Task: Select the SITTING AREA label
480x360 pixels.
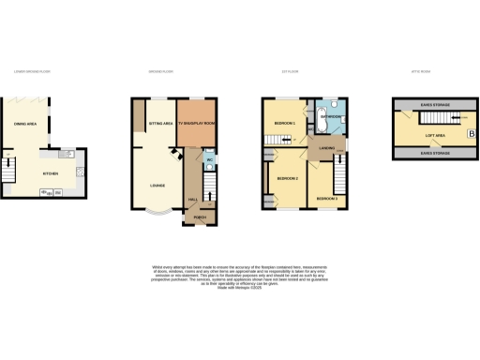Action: [x=161, y=123]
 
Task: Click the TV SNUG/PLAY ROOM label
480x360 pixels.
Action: [x=197, y=123]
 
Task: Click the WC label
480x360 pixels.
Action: [x=210, y=160]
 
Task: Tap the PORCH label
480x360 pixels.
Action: [x=199, y=217]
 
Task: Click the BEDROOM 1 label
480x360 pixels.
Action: [x=285, y=124]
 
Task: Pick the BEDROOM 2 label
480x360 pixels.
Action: [x=288, y=178]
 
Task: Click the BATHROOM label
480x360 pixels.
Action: [x=331, y=117]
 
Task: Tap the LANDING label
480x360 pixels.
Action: [x=326, y=148]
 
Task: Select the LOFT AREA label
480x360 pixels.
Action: [x=434, y=135]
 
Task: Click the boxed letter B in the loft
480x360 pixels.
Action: [x=472, y=135]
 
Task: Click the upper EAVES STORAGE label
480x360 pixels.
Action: [x=434, y=104]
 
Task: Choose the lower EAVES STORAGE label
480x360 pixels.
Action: [x=434, y=152]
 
